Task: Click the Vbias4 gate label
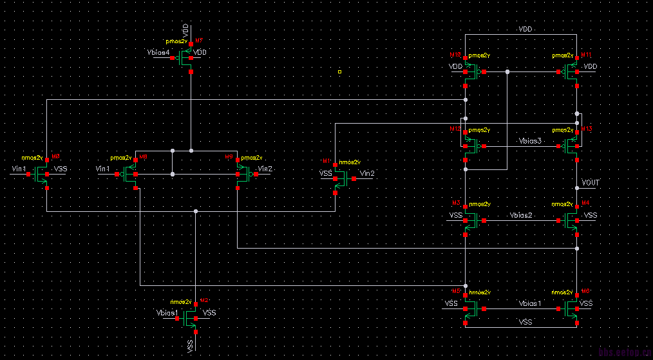click(x=158, y=52)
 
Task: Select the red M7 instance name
click(x=199, y=41)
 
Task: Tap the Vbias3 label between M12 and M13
click(x=530, y=140)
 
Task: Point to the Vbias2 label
click(x=521, y=214)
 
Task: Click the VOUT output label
click(x=591, y=183)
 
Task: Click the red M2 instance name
click(x=204, y=301)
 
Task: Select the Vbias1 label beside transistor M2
click(x=166, y=312)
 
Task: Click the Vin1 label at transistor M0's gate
click(x=19, y=169)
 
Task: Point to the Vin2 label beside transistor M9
click(x=265, y=169)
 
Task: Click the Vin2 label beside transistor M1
click(x=367, y=173)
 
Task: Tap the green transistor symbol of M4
click(x=572, y=221)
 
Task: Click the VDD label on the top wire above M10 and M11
click(x=526, y=30)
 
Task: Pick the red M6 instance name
click(x=586, y=291)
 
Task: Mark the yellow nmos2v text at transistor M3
click(x=480, y=204)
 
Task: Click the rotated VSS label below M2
click(x=191, y=346)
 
